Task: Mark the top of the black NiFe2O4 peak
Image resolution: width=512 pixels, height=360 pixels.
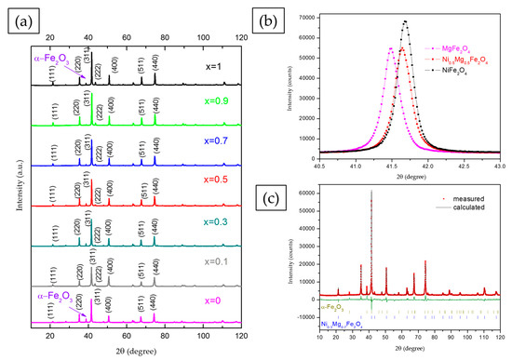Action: click(x=405, y=21)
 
